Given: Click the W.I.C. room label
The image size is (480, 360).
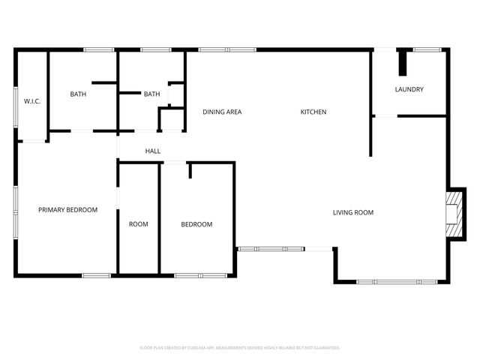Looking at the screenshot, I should pos(31,101).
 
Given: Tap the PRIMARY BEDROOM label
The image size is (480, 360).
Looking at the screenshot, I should pos(67,210).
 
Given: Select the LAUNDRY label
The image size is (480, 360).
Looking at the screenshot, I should pos(409,90).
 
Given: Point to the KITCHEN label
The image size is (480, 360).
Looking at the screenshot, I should pos(313,112).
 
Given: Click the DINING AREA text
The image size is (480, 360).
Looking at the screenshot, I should pos(222,112).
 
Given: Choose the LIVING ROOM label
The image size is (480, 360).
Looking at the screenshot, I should pos(353,213).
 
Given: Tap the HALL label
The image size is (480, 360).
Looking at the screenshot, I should pos(153,151).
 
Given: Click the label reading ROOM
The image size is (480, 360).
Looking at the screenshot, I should pos(139,224).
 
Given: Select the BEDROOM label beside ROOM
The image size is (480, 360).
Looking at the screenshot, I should pos(196,224).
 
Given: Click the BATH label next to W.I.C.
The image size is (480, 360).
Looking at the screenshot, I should pos(78,94).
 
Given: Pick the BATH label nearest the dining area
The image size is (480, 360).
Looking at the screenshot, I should pos(151,94).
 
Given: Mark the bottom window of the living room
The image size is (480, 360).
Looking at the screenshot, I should pos(396,281).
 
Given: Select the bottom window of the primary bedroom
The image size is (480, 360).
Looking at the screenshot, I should pos(96,275).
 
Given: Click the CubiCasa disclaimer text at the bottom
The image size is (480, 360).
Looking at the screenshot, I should pos(240,348).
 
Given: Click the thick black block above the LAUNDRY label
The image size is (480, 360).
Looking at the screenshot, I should pos(402,61).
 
